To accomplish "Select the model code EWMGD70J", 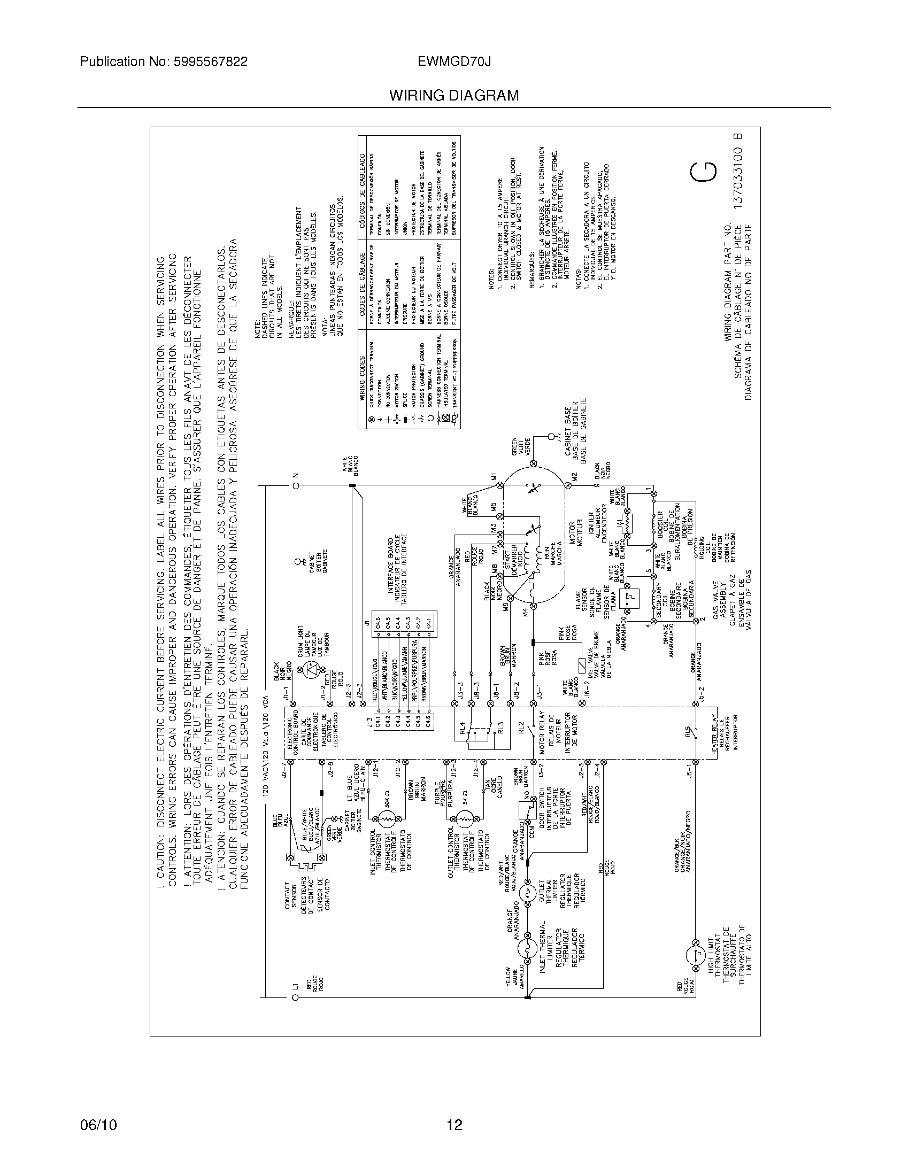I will point(454,62).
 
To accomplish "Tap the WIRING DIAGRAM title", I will point(454,96).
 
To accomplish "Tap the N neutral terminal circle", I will point(295,486).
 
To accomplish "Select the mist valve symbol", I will point(581,664).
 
